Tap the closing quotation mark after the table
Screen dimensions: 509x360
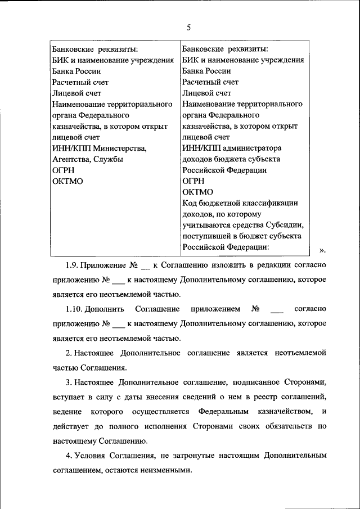(322, 250)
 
